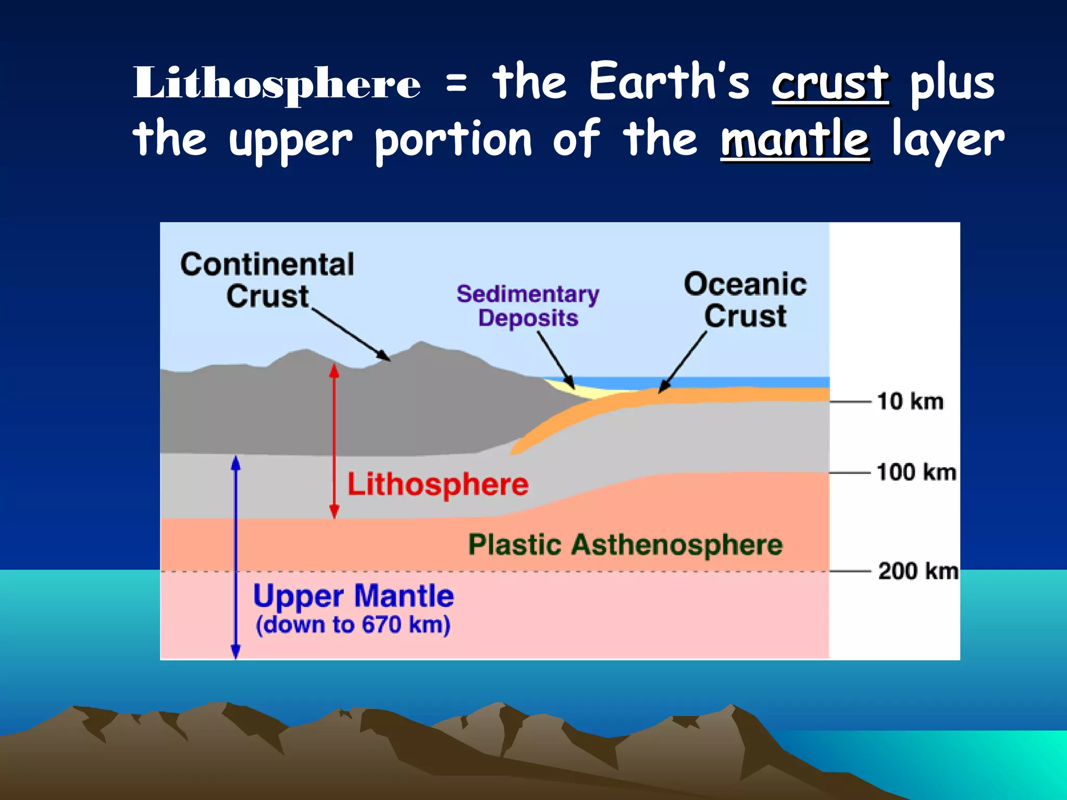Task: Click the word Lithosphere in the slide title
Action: (277, 83)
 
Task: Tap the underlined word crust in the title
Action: (830, 83)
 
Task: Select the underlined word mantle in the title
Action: (795, 139)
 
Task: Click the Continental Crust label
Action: (267, 280)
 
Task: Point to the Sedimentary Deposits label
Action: (528, 306)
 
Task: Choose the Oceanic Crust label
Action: (745, 300)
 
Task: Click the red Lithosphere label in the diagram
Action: (438, 484)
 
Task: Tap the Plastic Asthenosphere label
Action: (625, 545)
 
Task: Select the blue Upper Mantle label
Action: (353, 596)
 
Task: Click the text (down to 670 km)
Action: (353, 624)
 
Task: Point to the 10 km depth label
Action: (910, 402)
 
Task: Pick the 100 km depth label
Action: (916, 472)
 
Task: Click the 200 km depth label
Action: (918, 571)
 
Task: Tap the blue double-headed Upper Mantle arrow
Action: (235, 557)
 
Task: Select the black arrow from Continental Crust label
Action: (351, 334)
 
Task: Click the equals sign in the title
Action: (456, 83)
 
